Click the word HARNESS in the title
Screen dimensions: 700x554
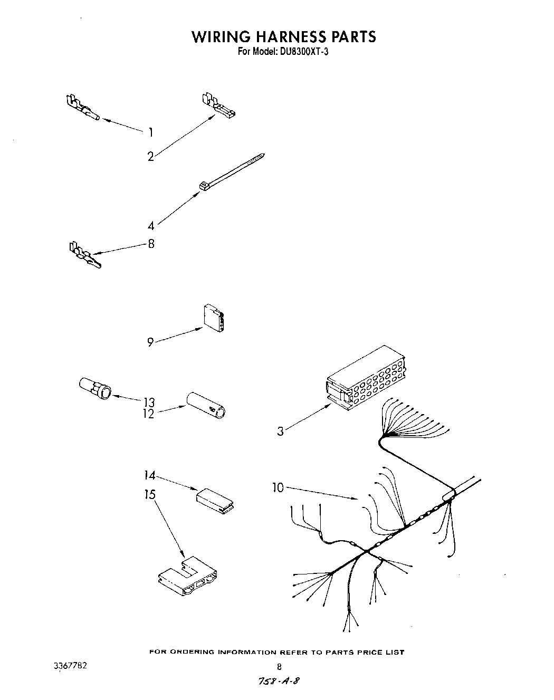[282, 36]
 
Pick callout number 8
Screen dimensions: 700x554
[151, 244]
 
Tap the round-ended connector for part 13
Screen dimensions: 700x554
[95, 388]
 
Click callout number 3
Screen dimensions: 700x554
[280, 431]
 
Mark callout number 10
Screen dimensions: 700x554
[278, 488]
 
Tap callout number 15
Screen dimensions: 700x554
[150, 494]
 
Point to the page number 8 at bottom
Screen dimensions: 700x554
[279, 666]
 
